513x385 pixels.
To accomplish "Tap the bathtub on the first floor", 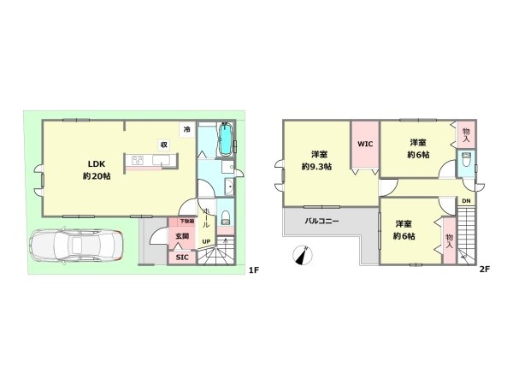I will [224, 140].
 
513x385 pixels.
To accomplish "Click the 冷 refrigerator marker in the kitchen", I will [186, 129].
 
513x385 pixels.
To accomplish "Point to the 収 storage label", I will [162, 145].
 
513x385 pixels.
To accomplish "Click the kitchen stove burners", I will [138, 162].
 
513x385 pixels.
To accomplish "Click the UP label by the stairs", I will [207, 242].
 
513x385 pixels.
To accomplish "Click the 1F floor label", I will [253, 272].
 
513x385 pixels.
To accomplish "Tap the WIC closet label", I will [365, 145].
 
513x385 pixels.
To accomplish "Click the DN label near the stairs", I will [465, 202].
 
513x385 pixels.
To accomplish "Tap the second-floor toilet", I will [467, 163].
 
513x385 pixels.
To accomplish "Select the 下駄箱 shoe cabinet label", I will [186, 222].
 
